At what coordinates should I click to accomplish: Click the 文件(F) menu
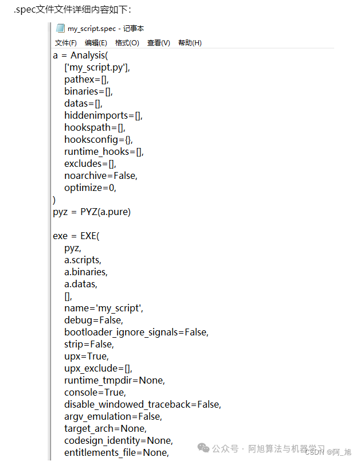(x=65, y=43)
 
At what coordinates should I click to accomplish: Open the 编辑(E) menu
(x=96, y=43)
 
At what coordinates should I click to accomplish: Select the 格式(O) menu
(x=127, y=43)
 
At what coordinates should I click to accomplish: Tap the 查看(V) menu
(x=158, y=43)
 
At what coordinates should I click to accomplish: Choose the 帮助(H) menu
(x=190, y=43)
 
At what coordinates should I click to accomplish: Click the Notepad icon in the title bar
(x=60, y=28)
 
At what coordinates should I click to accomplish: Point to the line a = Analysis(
(x=80, y=55)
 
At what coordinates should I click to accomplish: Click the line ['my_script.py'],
(x=97, y=67)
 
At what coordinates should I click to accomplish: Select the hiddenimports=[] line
(x=103, y=115)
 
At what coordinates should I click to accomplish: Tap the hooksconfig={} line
(x=99, y=139)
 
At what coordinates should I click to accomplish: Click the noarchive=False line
(x=101, y=175)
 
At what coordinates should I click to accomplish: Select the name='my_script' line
(x=104, y=308)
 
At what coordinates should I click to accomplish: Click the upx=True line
(x=86, y=356)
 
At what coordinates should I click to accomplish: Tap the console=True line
(x=95, y=392)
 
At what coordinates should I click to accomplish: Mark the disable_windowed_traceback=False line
(x=143, y=404)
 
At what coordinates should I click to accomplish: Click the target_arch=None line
(x=105, y=428)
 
